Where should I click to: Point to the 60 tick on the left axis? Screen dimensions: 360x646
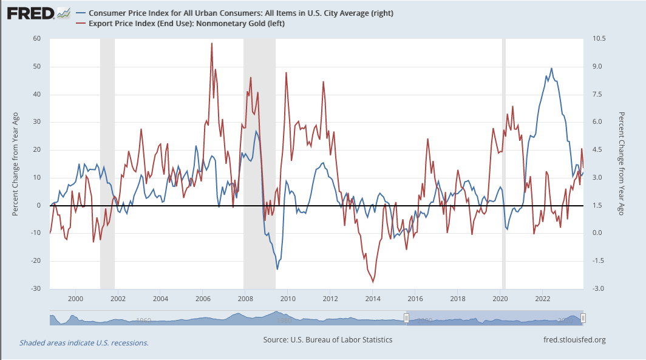click(x=36, y=39)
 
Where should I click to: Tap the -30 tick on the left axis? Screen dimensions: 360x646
click(x=36, y=288)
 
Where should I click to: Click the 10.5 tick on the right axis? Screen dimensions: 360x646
click(x=598, y=39)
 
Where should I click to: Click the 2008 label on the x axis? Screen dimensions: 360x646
click(x=245, y=299)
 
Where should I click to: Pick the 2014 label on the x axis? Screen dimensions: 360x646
click(x=373, y=299)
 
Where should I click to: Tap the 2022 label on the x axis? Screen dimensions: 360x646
click(x=543, y=299)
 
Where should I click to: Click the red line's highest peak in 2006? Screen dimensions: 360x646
click(x=211, y=44)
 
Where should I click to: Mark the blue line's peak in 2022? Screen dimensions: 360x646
click(x=551, y=68)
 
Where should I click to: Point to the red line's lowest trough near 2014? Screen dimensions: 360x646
click(x=373, y=282)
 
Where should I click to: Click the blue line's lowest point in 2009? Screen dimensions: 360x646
click(x=277, y=269)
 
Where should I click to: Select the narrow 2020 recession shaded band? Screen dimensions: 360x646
click(x=503, y=164)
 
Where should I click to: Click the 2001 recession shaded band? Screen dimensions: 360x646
click(x=107, y=164)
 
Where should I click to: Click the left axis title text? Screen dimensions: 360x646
click(x=16, y=164)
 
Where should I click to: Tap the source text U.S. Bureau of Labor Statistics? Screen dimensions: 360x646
click(x=328, y=340)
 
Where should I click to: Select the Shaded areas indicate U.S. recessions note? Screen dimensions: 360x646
click(x=84, y=343)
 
